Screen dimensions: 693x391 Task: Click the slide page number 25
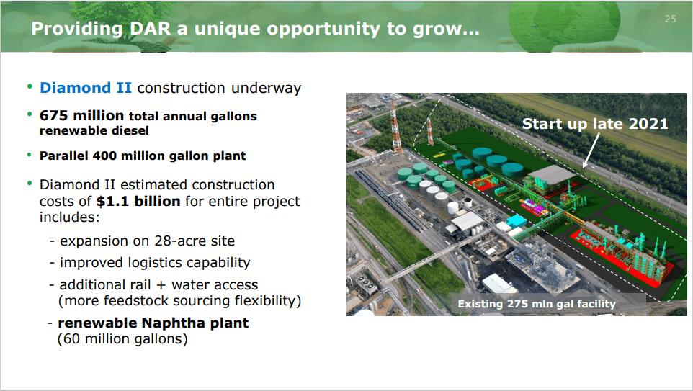click(x=670, y=19)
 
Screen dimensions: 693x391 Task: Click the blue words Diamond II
click(x=85, y=87)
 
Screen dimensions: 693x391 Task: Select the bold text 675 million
click(x=82, y=115)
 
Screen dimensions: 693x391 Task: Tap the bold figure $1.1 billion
click(x=138, y=201)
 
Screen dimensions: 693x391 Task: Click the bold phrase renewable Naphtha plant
click(x=153, y=323)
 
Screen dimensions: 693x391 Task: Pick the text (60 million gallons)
click(x=122, y=339)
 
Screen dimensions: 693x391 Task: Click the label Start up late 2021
click(x=595, y=124)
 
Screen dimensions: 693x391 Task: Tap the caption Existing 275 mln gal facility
click(x=537, y=304)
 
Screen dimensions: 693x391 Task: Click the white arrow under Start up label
click(x=591, y=150)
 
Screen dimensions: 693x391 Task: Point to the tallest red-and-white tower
click(x=395, y=127)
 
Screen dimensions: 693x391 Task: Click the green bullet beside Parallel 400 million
click(x=30, y=155)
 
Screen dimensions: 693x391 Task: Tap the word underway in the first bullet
click(x=266, y=88)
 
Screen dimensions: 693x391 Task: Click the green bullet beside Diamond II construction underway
click(x=30, y=86)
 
